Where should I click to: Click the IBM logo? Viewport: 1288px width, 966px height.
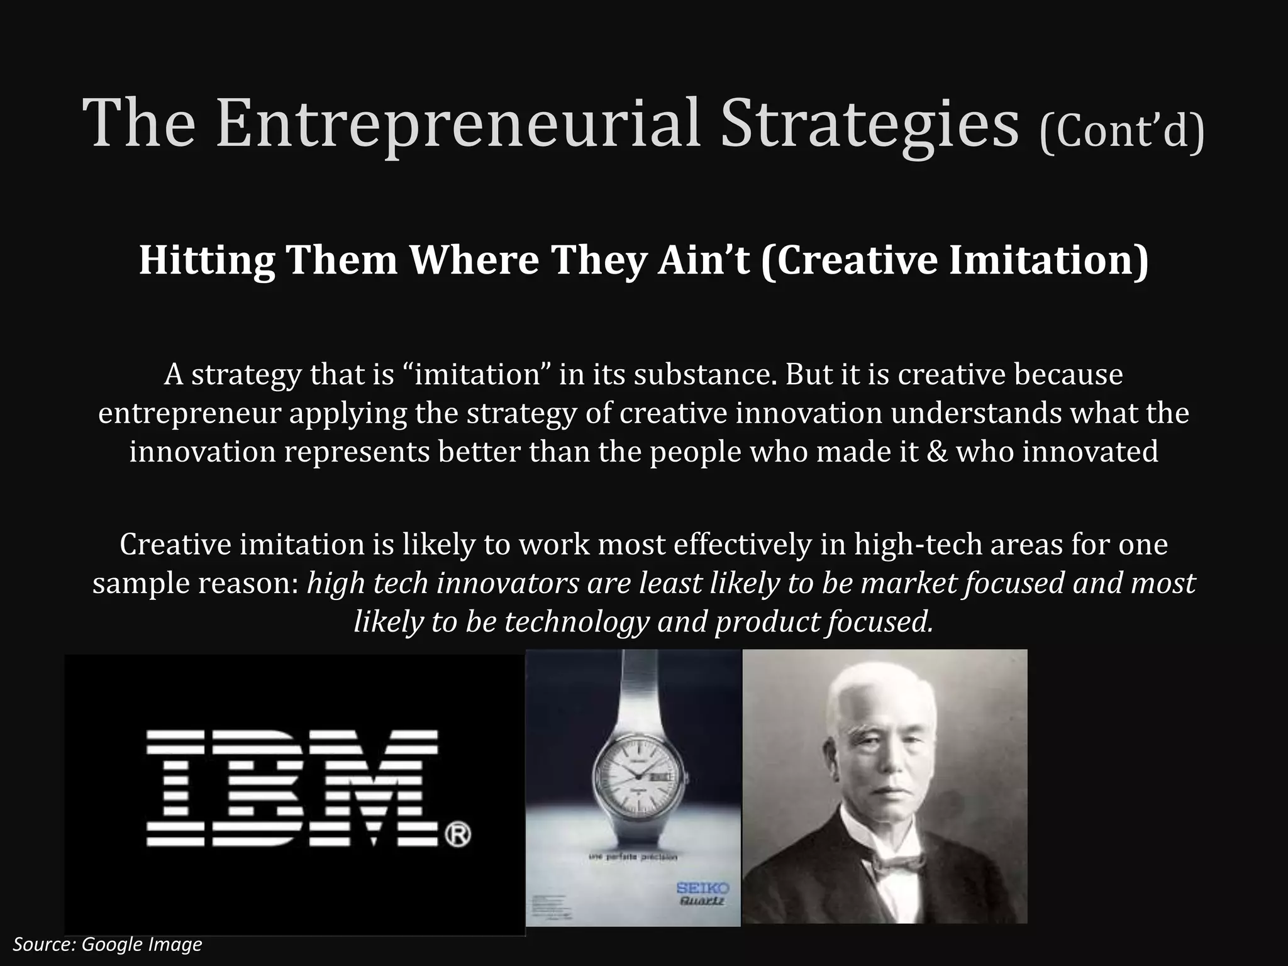[x=293, y=788]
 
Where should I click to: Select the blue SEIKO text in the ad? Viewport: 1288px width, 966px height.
[x=703, y=888]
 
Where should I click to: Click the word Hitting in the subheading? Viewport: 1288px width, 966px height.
[x=206, y=260]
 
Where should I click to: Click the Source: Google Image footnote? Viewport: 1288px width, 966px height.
[x=108, y=944]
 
